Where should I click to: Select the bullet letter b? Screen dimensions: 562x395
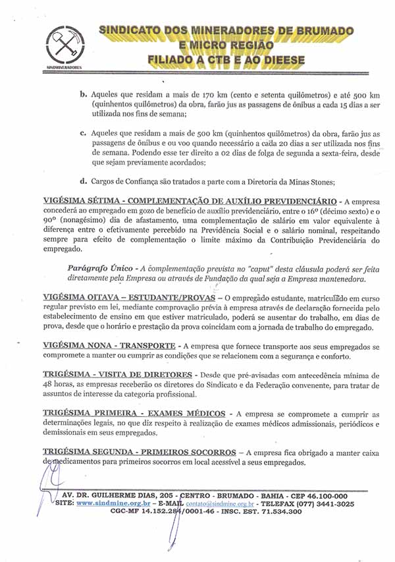84,94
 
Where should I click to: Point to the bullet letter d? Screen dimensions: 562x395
84,181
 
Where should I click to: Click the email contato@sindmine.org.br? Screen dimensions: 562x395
221,503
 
